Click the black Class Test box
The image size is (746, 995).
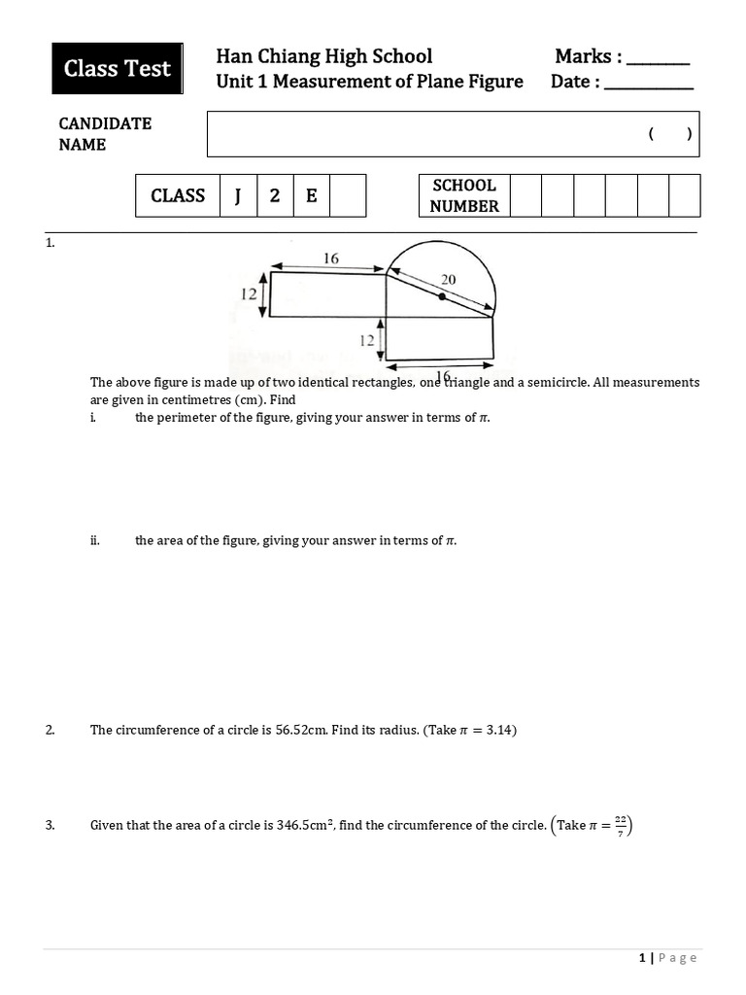118,69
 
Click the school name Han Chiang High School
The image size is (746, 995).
324,56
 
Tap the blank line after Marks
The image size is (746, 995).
658,61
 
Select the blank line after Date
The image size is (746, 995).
649,86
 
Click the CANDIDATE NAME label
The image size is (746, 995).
105,134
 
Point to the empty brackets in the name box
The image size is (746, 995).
670,135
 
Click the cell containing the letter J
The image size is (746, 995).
238,195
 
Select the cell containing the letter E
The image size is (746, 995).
312,195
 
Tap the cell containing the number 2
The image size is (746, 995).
275,195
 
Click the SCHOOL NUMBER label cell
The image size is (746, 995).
464,195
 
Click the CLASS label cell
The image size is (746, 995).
178,195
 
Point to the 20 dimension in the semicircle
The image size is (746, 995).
448,279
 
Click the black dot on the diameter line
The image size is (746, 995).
442,296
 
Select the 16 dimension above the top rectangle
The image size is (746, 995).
330,257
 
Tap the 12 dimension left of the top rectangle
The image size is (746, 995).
248,294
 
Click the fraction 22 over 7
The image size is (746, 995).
620,825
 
